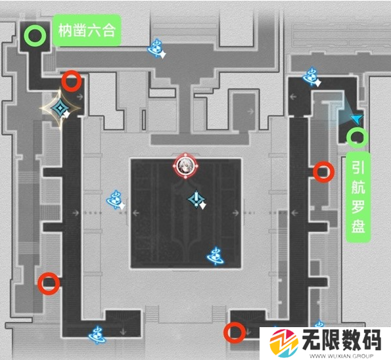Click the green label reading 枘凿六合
point(87,30)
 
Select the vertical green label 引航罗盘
point(358,197)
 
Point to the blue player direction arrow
point(357,119)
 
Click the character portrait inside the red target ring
point(185,166)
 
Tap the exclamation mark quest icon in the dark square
point(197,200)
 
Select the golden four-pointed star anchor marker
point(60,108)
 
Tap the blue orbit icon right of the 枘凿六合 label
point(156,49)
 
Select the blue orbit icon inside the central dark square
point(216,256)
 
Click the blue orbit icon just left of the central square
point(116,200)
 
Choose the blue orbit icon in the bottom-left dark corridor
point(97,335)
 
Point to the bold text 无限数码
point(342,340)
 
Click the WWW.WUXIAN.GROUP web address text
point(341,356)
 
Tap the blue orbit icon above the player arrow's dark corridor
point(311,77)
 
